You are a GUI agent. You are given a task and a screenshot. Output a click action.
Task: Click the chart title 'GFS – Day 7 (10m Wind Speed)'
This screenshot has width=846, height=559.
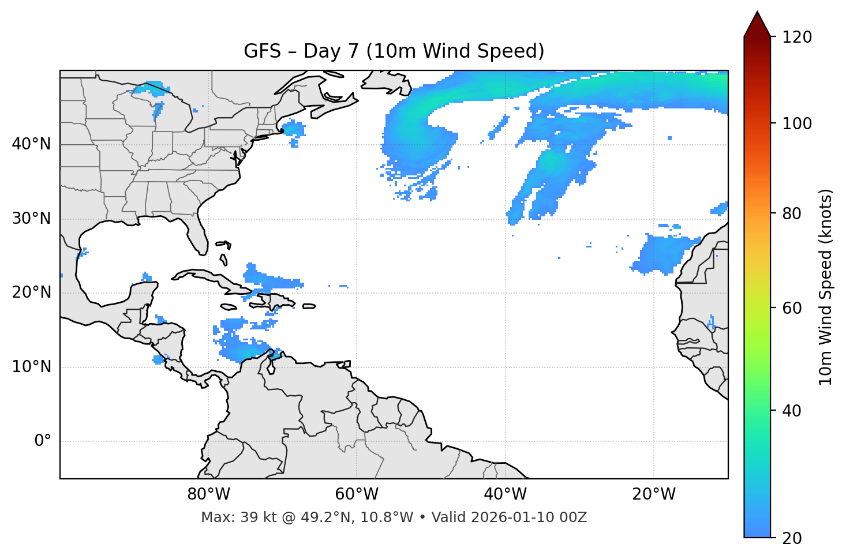tap(394, 51)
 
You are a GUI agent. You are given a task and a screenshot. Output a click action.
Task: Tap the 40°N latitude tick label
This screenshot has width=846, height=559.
tap(31, 144)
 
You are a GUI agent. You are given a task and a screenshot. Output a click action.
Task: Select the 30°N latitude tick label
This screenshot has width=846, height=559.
tap(31, 219)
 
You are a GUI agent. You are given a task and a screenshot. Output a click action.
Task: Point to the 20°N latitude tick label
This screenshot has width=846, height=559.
tap(31, 292)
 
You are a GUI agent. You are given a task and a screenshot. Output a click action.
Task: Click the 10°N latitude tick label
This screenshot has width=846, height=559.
tap(31, 367)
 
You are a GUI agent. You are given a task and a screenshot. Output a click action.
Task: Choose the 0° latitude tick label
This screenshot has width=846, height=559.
tap(43, 441)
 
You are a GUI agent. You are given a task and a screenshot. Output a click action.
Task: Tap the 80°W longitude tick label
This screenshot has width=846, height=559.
tap(208, 494)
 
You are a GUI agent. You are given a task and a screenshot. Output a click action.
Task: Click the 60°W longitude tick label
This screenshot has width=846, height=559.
tap(357, 494)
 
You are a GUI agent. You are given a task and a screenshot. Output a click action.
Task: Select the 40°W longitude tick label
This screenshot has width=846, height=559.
tap(505, 494)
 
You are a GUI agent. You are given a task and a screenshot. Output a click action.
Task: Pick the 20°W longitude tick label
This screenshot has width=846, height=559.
tap(653, 494)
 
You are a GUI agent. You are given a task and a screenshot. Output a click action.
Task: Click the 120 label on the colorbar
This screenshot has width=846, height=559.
tap(797, 37)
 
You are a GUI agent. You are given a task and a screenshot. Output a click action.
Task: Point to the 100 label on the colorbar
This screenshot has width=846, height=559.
tap(797, 123)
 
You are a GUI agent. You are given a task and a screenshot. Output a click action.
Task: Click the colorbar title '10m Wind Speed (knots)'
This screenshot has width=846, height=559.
tap(826, 287)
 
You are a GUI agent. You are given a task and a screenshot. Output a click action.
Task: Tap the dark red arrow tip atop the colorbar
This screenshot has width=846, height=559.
tap(757, 23)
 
